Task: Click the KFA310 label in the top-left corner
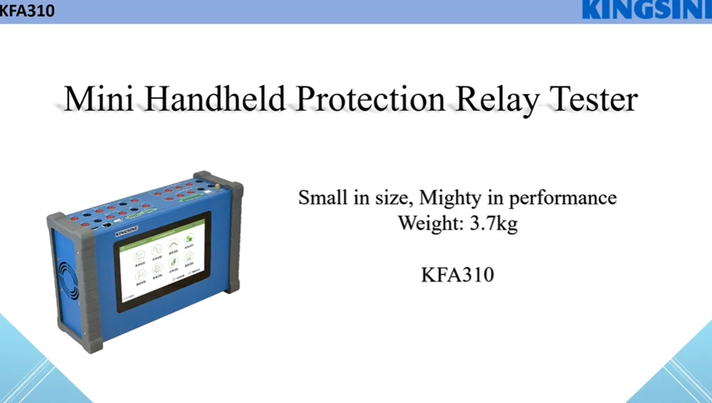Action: click(27, 11)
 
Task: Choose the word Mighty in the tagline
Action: click(449, 197)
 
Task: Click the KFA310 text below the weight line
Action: click(457, 274)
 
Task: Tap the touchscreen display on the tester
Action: click(165, 261)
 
